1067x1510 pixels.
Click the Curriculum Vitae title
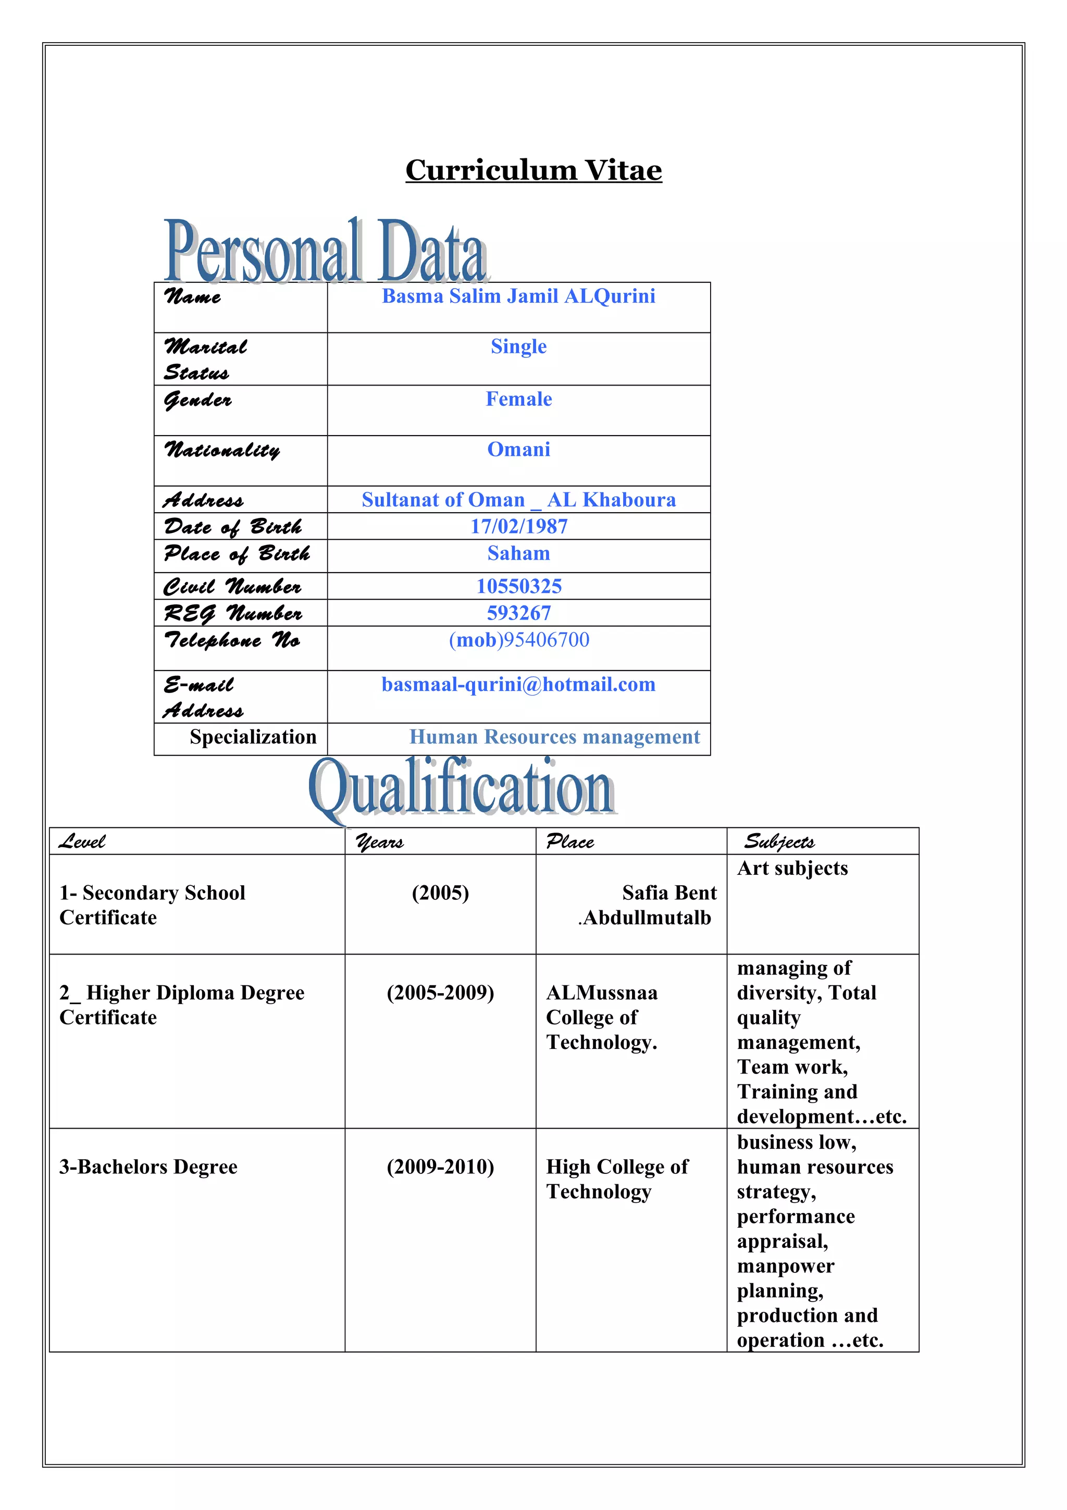[533, 170]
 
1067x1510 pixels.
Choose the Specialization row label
[253, 737]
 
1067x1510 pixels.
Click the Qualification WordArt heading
[462, 788]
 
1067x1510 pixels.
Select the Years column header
[380, 842]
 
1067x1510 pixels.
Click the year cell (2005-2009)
[440, 993]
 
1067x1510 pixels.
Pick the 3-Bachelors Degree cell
[148, 1167]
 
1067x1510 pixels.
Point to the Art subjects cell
[792, 869]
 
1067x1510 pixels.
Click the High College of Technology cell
[617, 1179]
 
